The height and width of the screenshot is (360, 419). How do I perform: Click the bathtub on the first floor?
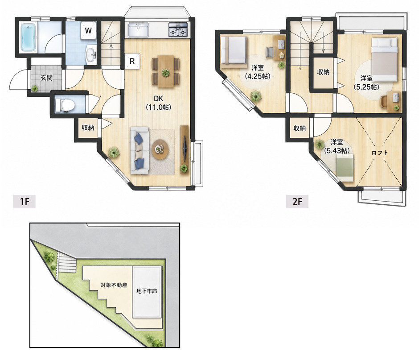(x=28, y=37)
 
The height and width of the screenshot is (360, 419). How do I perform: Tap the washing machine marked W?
(x=88, y=30)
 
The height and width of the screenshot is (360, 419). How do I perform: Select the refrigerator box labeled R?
(x=132, y=61)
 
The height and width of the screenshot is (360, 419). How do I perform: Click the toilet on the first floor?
(x=65, y=105)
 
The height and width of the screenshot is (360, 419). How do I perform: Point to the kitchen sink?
(x=138, y=30)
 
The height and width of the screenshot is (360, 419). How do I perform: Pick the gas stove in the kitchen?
(x=178, y=30)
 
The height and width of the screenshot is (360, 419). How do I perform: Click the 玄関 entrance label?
(x=46, y=78)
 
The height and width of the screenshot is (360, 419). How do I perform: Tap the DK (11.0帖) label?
(x=158, y=103)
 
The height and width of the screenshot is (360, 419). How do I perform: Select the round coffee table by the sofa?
(x=160, y=149)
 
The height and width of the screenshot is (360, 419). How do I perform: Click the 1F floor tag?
(x=25, y=201)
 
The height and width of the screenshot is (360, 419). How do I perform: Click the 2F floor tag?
(x=297, y=201)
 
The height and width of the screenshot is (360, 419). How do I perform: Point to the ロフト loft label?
(x=380, y=153)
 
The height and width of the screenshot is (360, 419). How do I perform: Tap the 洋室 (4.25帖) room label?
(x=258, y=72)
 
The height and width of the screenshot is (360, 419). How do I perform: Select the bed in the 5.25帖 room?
(x=384, y=59)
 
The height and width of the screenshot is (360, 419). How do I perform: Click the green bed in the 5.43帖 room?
(x=345, y=166)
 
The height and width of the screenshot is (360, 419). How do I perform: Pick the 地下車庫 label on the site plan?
(x=147, y=291)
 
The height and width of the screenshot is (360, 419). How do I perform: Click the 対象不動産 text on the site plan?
(x=114, y=285)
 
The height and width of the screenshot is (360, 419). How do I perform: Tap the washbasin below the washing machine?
(x=91, y=54)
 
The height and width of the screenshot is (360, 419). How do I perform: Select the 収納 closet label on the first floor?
(x=88, y=128)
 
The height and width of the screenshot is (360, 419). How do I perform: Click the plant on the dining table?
(x=166, y=72)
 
